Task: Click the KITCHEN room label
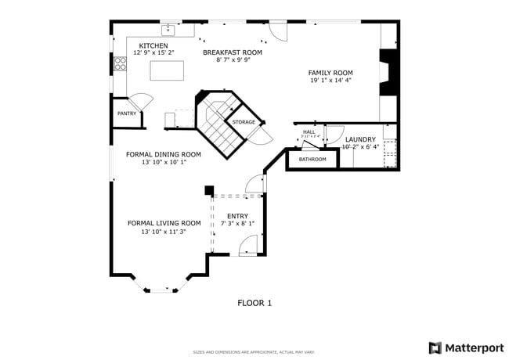click(x=153, y=46)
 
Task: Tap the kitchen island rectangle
click(x=167, y=70)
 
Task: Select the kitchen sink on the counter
click(x=168, y=31)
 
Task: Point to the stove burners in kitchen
click(x=120, y=63)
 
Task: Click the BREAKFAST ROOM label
click(x=233, y=52)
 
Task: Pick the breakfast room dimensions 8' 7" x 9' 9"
click(x=233, y=60)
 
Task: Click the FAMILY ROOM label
click(x=330, y=73)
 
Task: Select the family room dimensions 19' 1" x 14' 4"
click(x=330, y=80)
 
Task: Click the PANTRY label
click(x=127, y=113)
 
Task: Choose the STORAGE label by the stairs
click(x=244, y=122)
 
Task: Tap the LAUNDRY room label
click(x=360, y=139)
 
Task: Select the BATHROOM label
click(x=312, y=160)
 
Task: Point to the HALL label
click(x=309, y=131)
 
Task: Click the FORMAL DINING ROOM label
click(x=164, y=154)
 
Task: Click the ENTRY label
click(x=237, y=216)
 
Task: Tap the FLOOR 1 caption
click(x=254, y=303)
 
